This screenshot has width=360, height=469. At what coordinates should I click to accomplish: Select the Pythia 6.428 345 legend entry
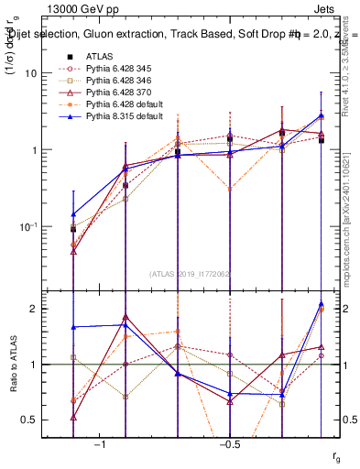point(117,69)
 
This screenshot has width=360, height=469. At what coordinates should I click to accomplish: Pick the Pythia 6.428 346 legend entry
point(117,82)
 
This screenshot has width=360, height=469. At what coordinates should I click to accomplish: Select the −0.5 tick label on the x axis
point(228,444)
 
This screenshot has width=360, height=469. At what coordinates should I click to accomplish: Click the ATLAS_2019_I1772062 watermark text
point(191,274)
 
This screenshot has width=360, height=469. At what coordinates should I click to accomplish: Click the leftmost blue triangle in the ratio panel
point(73,327)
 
